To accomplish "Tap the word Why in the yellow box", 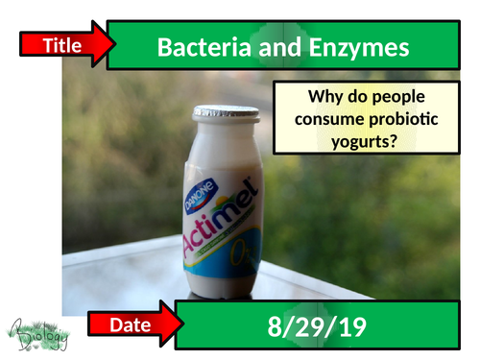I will coord(324,97).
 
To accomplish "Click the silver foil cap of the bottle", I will coord(226,113).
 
